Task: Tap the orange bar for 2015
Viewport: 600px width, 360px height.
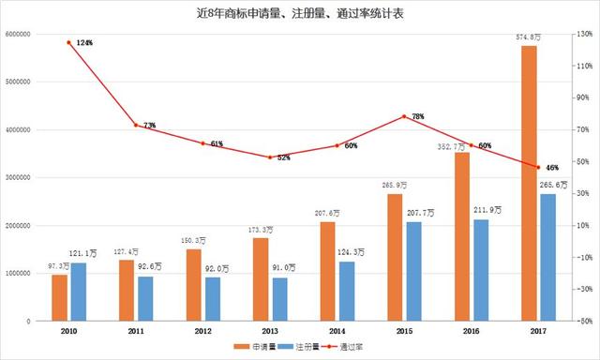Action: pyautogui.click(x=395, y=257)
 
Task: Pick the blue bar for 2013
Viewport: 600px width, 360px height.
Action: pyautogui.click(x=280, y=299)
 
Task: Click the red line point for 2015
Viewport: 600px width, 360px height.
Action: pyautogui.click(x=404, y=116)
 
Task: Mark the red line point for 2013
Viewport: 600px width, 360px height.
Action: pyautogui.click(x=270, y=157)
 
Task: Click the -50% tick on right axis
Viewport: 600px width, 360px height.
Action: pyautogui.click(x=582, y=322)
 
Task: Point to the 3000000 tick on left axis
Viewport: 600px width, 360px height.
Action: pyautogui.click(x=19, y=178)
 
